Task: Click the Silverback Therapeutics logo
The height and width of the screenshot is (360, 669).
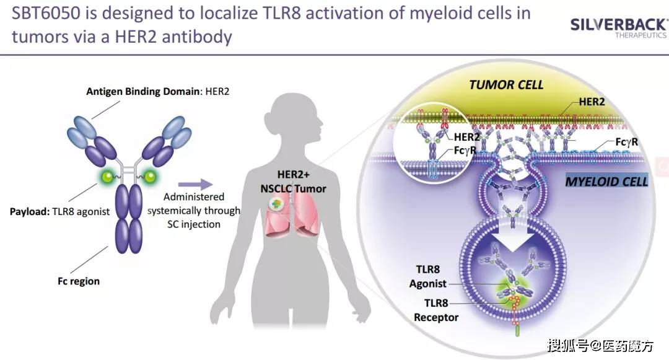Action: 619,28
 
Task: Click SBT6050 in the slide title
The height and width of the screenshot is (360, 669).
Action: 46,13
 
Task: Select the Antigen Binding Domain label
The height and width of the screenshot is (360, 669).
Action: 157,91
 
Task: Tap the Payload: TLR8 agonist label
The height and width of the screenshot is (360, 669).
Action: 59,211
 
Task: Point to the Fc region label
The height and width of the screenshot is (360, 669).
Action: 79,281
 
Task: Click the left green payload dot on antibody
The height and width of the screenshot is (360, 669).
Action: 108,176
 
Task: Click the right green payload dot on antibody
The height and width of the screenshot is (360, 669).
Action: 150,176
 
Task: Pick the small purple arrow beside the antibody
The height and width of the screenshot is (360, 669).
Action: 195,184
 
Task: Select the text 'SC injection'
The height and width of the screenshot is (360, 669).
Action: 194,224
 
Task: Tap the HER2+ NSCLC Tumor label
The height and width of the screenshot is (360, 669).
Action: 293,182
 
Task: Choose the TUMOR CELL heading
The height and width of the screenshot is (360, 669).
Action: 506,85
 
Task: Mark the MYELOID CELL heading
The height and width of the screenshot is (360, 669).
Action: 606,182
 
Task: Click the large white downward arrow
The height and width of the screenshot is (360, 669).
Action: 514,226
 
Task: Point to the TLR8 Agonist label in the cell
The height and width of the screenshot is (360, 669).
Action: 427,276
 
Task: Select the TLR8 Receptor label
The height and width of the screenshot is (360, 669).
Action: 435,310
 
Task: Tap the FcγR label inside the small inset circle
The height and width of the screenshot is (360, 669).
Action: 465,150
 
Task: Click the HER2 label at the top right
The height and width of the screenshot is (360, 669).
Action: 592,102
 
